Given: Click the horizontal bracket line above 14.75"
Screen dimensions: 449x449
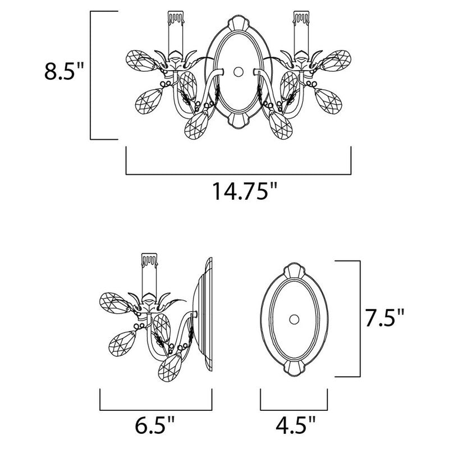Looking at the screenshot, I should (238, 173).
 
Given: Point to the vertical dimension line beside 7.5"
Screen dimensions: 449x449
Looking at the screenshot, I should (359, 319).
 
